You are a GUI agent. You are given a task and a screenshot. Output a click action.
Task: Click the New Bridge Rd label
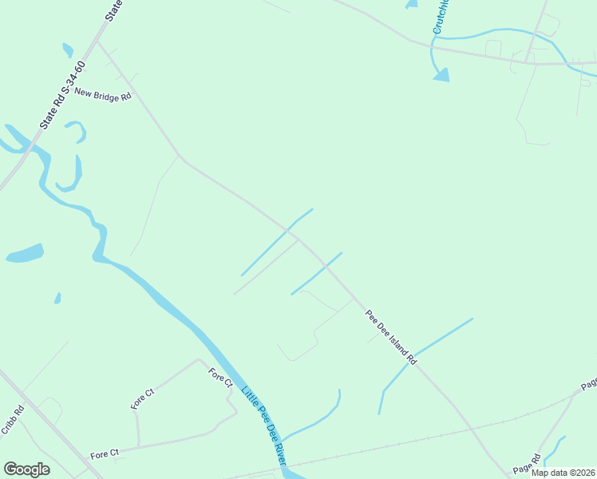(102, 95)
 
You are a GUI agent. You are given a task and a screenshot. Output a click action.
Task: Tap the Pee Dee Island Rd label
(391, 337)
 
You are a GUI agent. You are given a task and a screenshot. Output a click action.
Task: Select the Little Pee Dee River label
(264, 424)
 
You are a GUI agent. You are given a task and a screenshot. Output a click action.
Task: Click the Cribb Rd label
(12, 421)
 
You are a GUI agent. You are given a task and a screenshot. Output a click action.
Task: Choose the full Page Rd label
(527, 463)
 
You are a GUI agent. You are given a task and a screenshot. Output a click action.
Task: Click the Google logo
(26, 469)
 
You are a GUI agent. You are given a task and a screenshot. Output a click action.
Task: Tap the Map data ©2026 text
(563, 473)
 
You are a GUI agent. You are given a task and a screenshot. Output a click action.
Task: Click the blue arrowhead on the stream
(441, 74)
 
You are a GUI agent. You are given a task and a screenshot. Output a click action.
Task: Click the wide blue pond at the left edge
(24, 254)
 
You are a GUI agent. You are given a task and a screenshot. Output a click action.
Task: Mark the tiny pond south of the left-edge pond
(57, 298)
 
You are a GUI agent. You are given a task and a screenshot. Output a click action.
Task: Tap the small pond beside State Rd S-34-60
(68, 49)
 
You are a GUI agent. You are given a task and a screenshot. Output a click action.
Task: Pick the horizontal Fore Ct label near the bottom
(104, 454)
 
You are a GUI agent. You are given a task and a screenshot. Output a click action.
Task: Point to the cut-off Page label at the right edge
(589, 385)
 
